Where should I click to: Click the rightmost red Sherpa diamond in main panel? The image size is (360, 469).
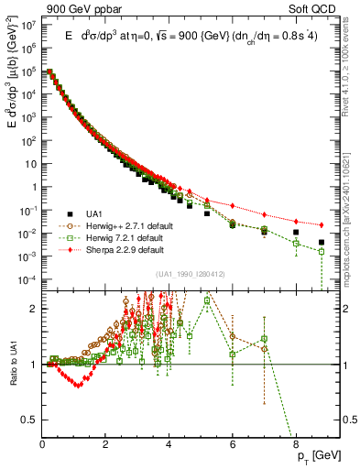pos(321,225)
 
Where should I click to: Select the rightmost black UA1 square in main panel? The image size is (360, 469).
pos(321,243)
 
